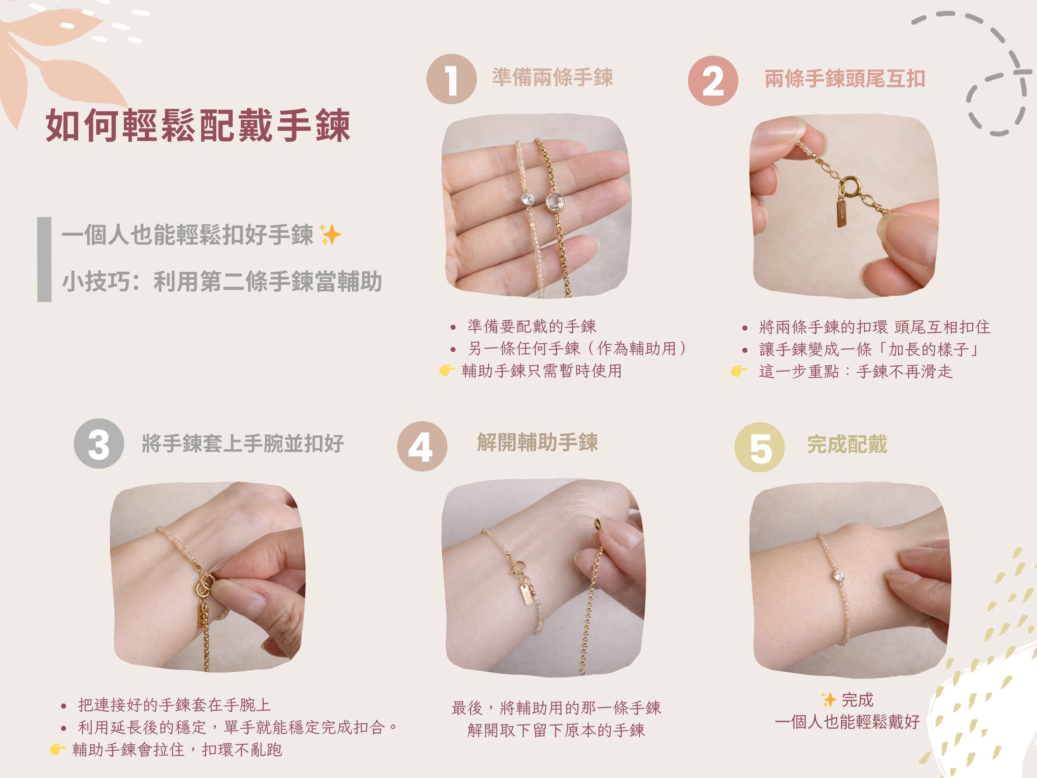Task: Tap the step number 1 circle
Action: pos(451,79)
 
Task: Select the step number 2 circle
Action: pos(713,81)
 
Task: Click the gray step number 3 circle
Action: pos(99,444)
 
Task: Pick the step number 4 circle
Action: pos(422,446)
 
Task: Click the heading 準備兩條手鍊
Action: pos(552,77)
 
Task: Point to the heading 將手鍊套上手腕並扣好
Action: pos(243,444)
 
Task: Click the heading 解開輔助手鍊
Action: pos(537,442)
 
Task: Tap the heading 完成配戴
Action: pos(847,444)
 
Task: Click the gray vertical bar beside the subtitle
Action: pos(44,259)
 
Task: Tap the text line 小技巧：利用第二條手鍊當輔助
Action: pos(222,282)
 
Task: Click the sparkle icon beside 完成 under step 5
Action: pos(829,700)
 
